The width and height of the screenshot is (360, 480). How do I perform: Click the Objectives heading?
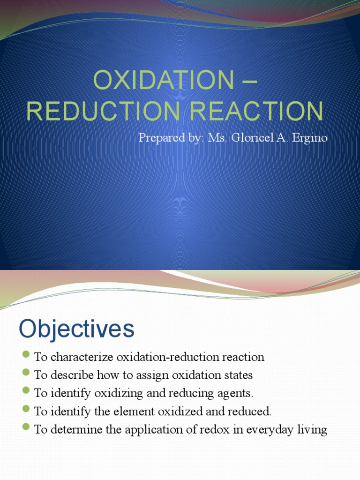click(76, 329)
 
